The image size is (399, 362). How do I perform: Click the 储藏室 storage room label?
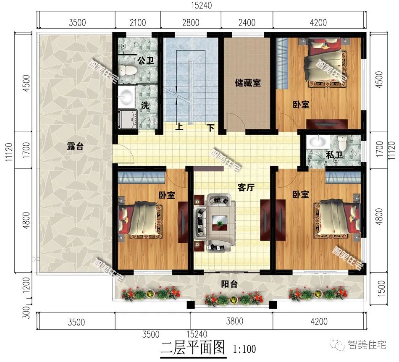point(247,83)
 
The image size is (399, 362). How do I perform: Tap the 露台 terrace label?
point(75,147)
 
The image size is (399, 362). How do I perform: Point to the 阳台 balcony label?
point(229,284)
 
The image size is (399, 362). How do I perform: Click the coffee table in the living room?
point(218,220)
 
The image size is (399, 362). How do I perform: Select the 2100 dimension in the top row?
point(137,22)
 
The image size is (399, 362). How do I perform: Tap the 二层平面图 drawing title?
point(194,348)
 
